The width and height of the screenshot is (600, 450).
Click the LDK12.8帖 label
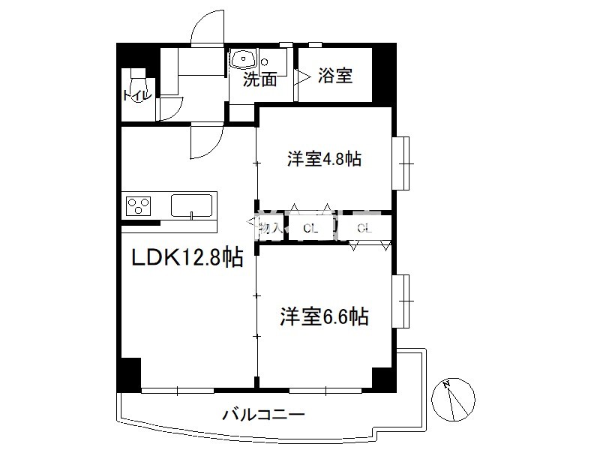(187, 259)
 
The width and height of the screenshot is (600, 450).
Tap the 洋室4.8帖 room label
(325, 160)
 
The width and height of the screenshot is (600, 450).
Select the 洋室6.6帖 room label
(325, 316)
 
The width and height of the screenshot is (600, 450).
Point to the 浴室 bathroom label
(335, 76)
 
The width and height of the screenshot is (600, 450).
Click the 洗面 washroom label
(259, 79)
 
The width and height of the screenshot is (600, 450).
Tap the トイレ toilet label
(137, 95)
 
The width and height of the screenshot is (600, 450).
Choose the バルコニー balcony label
(263, 414)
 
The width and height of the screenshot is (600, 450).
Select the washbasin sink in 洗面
(244, 59)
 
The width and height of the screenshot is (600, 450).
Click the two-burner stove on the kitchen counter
(139, 205)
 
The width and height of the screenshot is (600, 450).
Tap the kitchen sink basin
(193, 205)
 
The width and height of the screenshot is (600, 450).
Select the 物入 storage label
(269, 228)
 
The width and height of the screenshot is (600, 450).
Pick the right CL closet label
(364, 228)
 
